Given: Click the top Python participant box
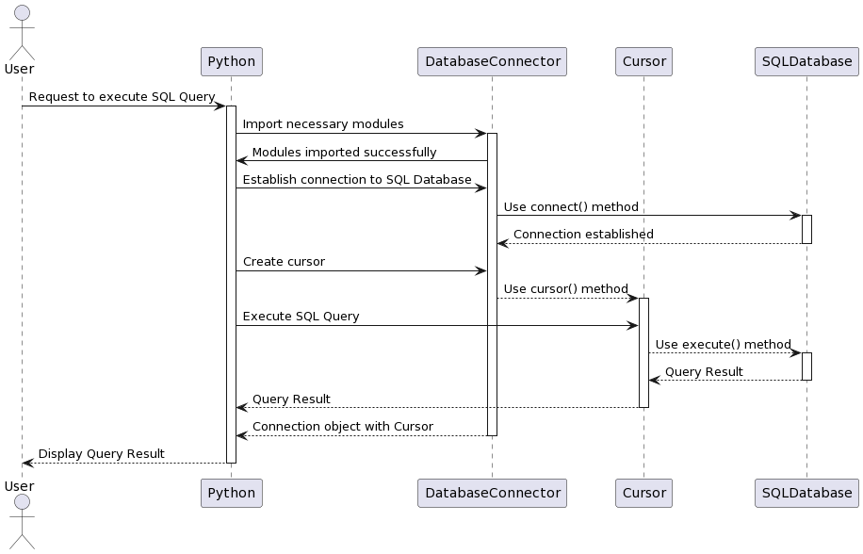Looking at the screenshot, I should click(231, 62).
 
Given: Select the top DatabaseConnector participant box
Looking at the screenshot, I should click(492, 62).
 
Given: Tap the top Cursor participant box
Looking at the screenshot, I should click(643, 62).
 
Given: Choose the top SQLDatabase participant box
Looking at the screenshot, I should click(806, 62).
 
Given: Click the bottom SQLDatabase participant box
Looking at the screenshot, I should click(806, 493).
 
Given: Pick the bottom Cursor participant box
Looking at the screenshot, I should click(643, 493).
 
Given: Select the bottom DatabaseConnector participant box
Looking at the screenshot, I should click(492, 493).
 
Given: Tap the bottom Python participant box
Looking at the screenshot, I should click(231, 493).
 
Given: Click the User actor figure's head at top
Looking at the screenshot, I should click(21, 12).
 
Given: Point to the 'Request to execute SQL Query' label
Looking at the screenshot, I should click(122, 97).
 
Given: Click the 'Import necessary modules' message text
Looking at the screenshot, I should click(323, 124).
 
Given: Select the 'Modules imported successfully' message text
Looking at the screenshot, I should click(344, 152).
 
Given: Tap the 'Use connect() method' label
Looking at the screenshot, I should click(571, 206).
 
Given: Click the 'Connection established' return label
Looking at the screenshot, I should click(583, 234).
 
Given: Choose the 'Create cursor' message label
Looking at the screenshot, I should click(284, 262).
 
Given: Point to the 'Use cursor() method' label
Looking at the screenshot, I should click(565, 289).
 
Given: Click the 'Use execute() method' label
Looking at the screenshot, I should click(723, 344).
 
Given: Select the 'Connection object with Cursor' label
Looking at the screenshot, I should click(343, 427).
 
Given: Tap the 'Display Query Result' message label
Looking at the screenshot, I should click(101, 454).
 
